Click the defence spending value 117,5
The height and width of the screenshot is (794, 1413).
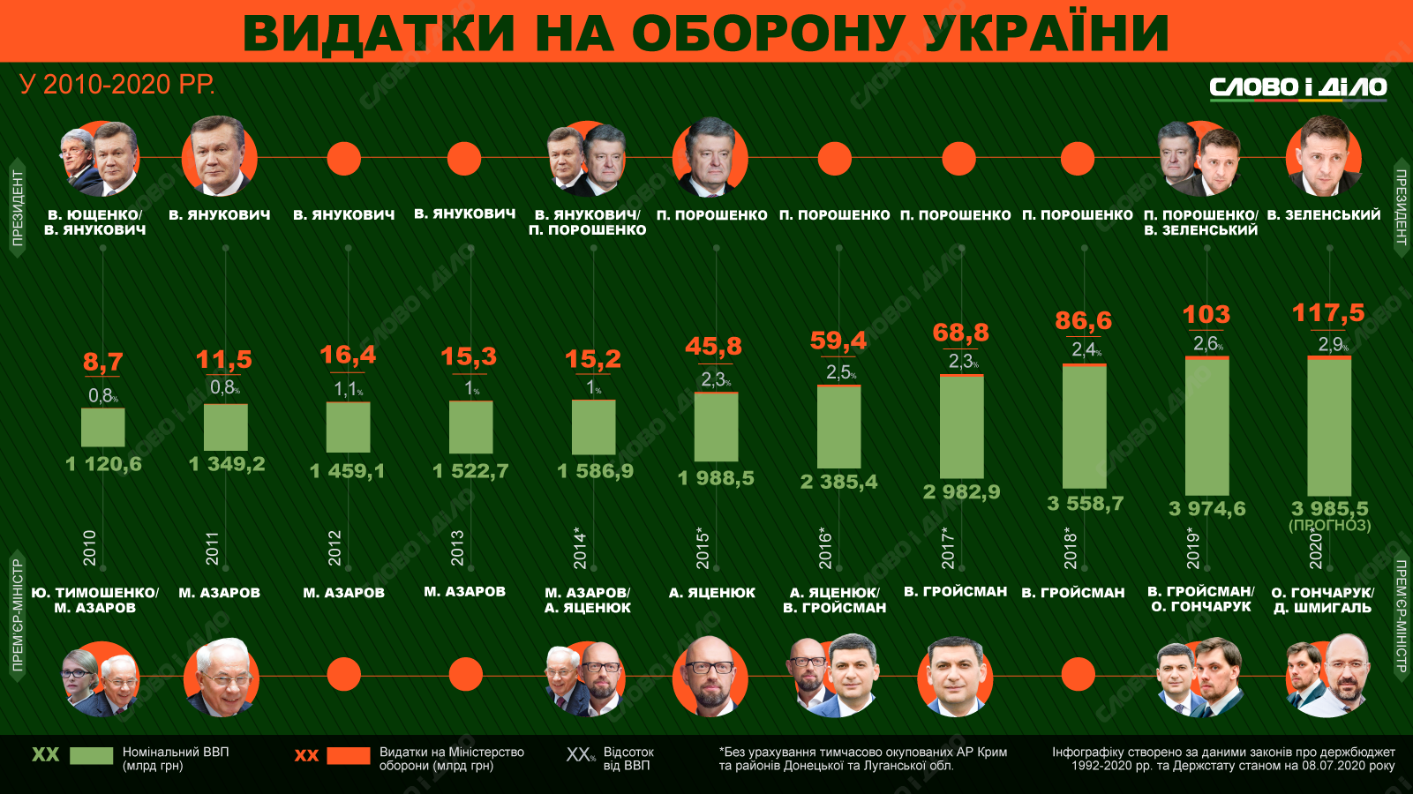point(1328,313)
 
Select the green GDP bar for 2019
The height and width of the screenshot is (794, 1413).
point(1206,427)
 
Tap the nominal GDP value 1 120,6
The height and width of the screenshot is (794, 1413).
point(103,464)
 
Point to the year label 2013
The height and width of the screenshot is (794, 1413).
point(457,548)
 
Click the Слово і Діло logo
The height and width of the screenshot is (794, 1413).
point(1297,87)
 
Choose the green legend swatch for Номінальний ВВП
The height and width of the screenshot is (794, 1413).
point(91,756)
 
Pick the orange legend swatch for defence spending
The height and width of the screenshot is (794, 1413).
point(348,756)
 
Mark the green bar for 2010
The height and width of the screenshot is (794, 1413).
point(103,428)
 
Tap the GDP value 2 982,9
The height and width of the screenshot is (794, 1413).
point(961,492)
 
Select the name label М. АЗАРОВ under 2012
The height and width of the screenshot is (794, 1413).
point(344,593)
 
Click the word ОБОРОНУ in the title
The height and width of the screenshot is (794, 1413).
point(768,33)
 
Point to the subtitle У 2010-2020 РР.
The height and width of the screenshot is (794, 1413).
point(117,85)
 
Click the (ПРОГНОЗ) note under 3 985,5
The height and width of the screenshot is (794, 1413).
point(1329,526)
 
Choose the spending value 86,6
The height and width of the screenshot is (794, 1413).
point(1083,320)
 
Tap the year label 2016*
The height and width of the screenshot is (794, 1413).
point(825,548)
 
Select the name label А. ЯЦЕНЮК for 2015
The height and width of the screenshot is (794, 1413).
point(711,593)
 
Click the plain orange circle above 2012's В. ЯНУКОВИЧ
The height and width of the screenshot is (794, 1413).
point(344,159)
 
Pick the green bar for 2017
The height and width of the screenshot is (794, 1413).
point(961,428)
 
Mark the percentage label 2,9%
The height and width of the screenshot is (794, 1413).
point(1331,344)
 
